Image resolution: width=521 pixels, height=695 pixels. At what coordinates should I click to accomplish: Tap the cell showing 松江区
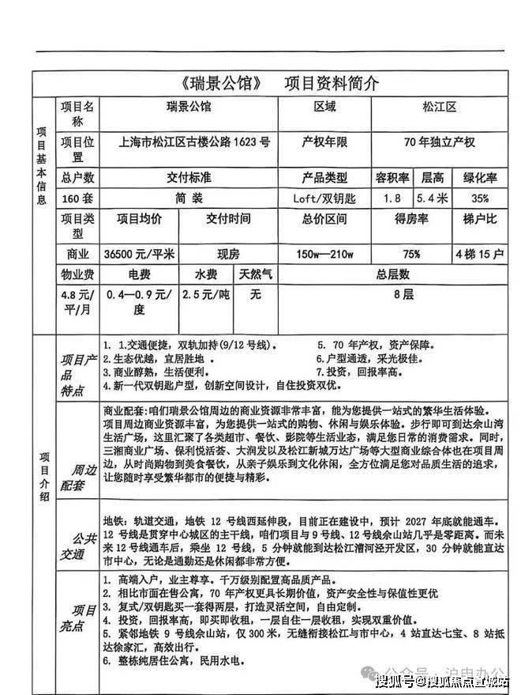point(439,108)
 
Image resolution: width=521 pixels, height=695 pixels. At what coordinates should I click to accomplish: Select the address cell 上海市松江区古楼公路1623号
point(194,143)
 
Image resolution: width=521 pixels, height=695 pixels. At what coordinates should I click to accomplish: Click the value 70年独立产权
point(439,143)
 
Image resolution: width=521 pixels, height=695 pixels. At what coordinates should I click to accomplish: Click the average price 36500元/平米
point(139,255)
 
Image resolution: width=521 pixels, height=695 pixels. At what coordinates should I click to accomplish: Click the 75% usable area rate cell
point(411,255)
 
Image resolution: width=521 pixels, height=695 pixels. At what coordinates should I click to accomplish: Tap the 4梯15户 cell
point(478,255)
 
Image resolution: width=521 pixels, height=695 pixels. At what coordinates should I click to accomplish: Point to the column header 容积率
point(391,178)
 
